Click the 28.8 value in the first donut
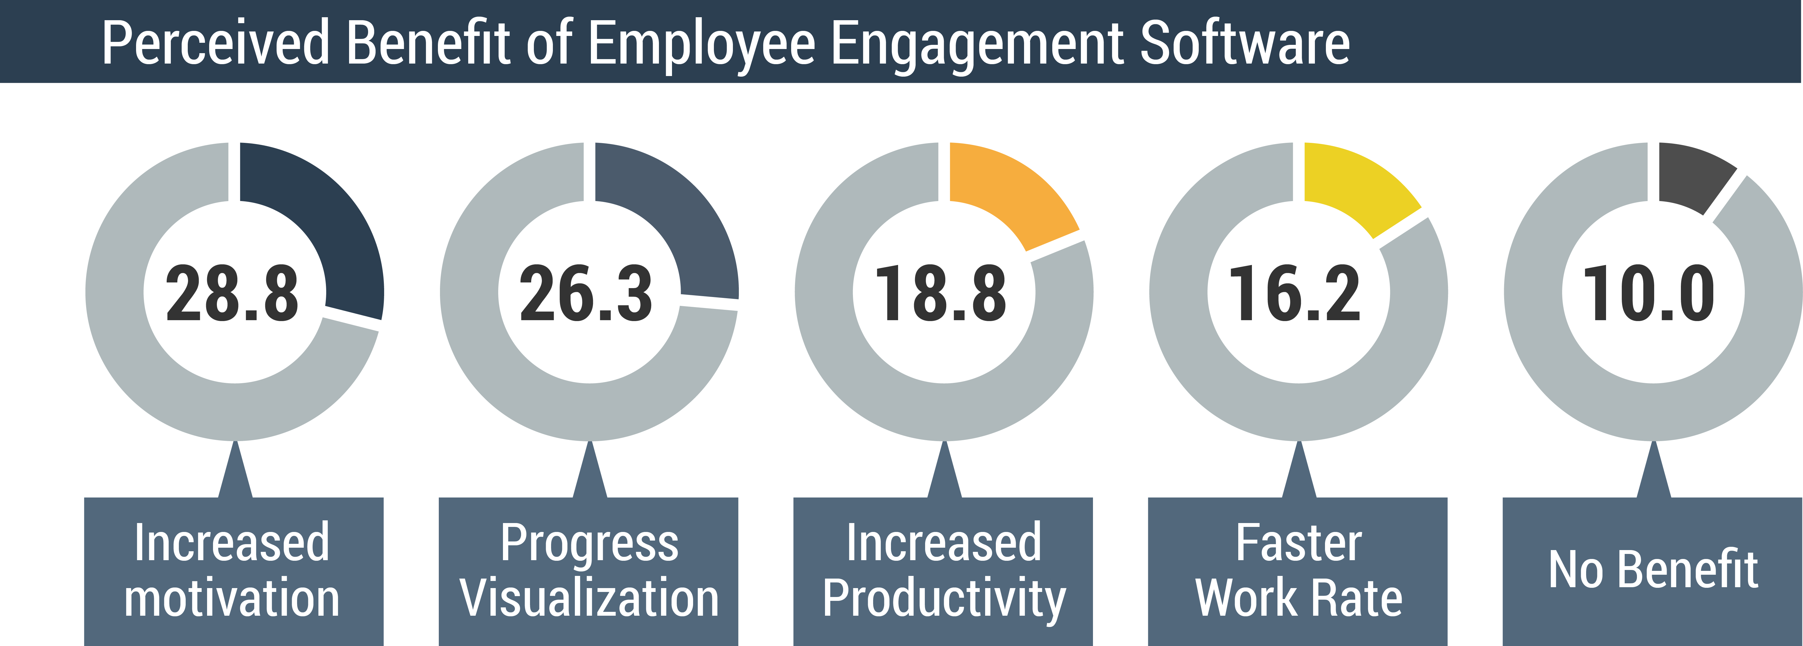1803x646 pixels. click(x=232, y=294)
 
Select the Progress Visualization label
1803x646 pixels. click(x=589, y=571)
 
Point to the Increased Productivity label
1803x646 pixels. click(x=943, y=571)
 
